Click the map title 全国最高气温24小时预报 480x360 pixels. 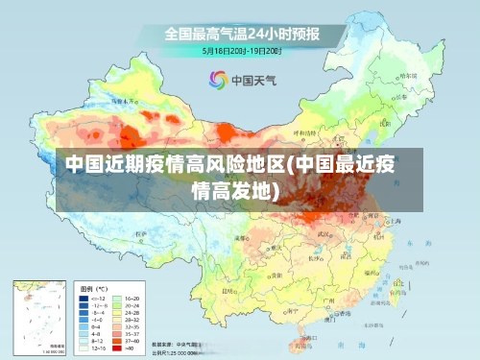(241, 34)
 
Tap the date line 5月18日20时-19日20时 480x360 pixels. (241, 50)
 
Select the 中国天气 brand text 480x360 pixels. (254, 80)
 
